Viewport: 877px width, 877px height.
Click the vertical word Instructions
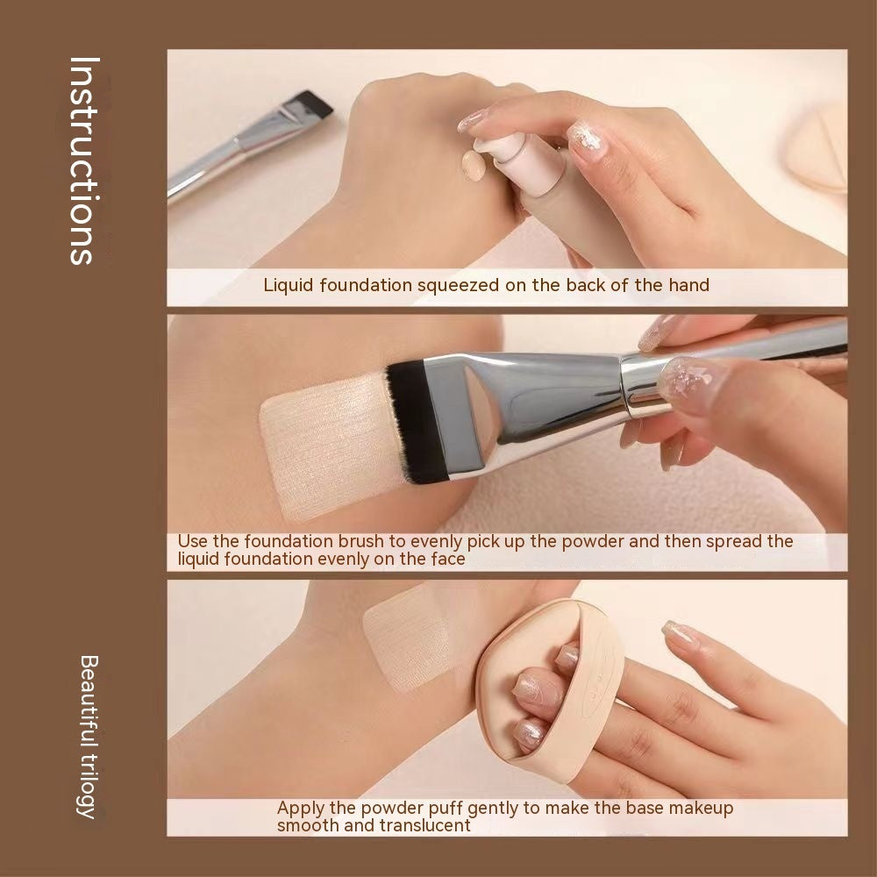[x=82, y=160]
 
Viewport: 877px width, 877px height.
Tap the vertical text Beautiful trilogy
[x=87, y=735]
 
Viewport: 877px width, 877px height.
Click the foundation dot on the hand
[x=474, y=164]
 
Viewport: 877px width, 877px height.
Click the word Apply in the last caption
[x=300, y=808]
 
